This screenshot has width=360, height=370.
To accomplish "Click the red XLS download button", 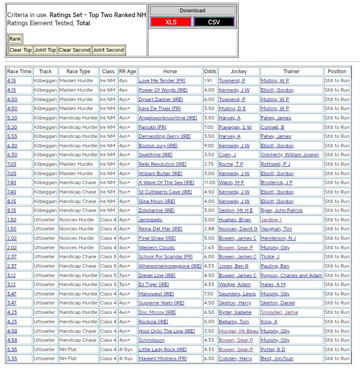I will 171,22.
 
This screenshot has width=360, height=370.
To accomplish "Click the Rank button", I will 15,39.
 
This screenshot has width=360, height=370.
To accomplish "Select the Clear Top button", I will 20,50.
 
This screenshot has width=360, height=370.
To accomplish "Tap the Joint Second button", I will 108,50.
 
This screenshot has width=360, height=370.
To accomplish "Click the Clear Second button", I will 75,50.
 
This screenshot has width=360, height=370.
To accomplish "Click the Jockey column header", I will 239,72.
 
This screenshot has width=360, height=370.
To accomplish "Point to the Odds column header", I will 210,72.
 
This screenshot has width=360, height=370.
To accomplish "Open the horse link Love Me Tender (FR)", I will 162,81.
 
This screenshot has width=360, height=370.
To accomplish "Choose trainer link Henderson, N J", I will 278,238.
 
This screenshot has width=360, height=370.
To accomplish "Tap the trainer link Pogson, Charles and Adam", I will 291,275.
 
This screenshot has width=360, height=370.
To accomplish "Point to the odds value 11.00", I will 210,182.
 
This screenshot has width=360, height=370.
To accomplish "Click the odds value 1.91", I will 208,81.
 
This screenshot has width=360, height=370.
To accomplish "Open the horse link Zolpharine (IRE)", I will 156,210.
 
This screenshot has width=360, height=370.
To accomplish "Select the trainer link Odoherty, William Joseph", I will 290,155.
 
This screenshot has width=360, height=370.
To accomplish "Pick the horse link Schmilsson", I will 151,340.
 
